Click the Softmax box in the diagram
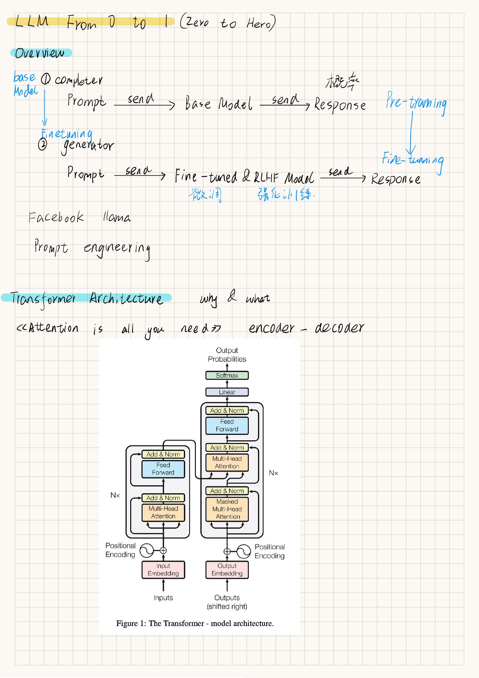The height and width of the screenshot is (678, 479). pos(227,375)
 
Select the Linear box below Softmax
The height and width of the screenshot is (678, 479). pos(227,392)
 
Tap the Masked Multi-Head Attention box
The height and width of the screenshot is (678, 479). pos(227,509)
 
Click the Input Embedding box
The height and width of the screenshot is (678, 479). pos(163,570)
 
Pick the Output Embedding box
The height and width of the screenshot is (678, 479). pos(227,570)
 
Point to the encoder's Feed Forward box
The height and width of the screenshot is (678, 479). pos(163,469)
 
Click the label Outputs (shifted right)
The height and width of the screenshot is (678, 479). pos(227,602)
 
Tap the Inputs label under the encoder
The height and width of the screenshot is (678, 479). pos(163,598)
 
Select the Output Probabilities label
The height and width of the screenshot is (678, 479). pos(227,355)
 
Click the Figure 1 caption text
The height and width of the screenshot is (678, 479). pos(195,623)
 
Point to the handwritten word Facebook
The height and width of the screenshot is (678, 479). pos(56,217)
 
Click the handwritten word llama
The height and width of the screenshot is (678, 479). pos(117,217)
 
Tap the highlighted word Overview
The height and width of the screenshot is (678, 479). pos(40,53)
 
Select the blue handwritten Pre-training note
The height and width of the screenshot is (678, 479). pos(416,103)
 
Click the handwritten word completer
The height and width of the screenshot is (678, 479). pos(79,80)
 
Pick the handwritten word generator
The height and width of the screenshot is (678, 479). pos(88,146)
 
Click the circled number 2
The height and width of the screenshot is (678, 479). pos(42,145)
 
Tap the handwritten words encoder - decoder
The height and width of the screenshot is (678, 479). pos(306,328)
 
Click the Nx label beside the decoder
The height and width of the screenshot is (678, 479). pos(273,473)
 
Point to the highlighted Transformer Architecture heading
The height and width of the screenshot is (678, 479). pos(87,298)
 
